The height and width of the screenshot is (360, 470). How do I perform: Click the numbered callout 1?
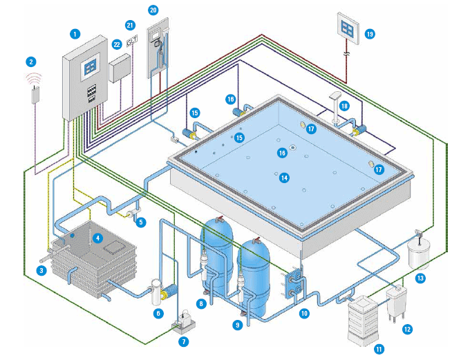pos(75,34)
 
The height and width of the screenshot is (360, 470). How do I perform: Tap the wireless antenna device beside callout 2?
pos(36,95)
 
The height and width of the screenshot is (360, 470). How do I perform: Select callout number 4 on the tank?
pos(97,238)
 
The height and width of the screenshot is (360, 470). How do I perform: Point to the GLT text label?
pos(131,41)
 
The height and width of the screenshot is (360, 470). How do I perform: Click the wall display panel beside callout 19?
pos(348,28)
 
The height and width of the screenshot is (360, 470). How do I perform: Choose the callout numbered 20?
pos(153,10)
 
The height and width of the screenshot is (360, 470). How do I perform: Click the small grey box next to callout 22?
pos(120,68)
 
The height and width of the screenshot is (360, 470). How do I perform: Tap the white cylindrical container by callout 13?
pos(419,254)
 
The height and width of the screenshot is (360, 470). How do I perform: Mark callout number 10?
pos(304,314)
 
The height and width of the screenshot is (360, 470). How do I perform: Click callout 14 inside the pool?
pos(284,178)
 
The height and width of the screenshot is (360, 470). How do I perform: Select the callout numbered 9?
pos(237,325)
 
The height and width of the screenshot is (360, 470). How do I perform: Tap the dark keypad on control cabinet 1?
pos(91,94)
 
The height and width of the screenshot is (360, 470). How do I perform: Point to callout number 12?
pos(407,329)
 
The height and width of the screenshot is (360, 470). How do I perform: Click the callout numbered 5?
pos(140,222)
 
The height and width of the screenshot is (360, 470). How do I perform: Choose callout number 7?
pos(183,341)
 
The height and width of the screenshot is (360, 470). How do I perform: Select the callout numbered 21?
pos(130,25)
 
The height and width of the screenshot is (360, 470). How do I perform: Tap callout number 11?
pos(379,349)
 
